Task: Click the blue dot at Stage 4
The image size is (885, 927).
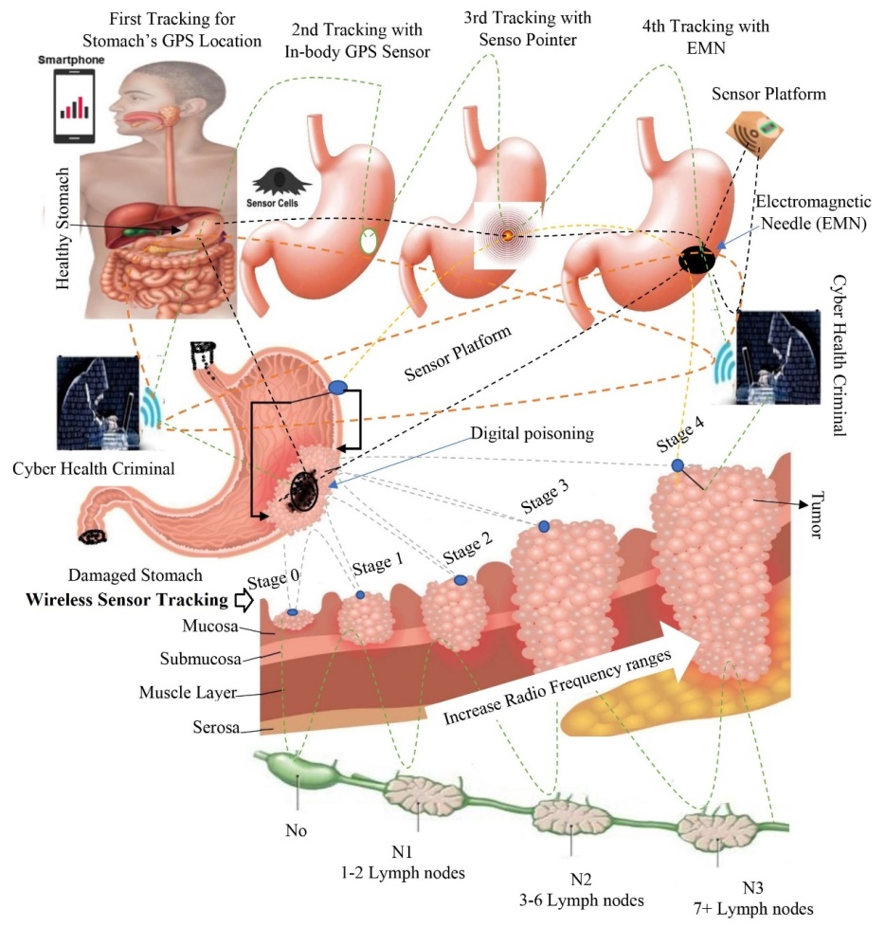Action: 677,465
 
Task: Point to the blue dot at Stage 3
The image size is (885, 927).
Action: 544,526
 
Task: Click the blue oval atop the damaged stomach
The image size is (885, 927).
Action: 338,388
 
